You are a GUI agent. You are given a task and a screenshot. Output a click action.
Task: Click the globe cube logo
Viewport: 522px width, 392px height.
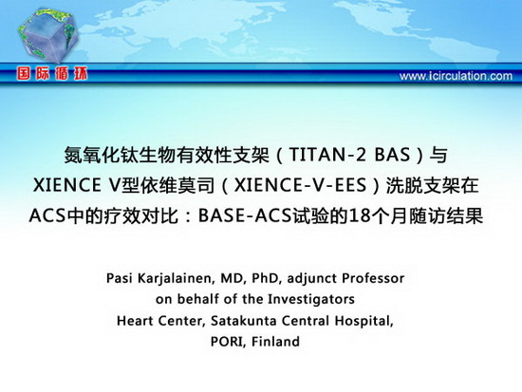tap(48, 35)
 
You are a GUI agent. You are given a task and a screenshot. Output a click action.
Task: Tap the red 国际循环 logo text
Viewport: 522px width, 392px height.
tap(52, 73)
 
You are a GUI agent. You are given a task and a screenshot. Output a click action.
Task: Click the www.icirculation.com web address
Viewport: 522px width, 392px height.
tap(456, 76)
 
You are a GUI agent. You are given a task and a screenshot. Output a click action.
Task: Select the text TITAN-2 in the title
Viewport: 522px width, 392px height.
tap(321, 155)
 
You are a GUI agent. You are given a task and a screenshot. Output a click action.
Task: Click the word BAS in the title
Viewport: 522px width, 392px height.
tap(392, 155)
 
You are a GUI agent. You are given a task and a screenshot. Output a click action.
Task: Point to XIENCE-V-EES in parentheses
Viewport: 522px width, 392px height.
tap(300, 185)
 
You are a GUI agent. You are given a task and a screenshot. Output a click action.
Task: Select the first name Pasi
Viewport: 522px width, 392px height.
tap(119, 278)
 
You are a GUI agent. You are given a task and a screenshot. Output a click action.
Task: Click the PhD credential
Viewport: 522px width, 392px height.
tap(265, 278)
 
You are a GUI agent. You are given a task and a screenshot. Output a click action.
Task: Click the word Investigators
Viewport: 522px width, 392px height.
tap(311, 299)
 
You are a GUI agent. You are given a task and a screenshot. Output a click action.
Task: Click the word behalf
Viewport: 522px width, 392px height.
tap(197, 299)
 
